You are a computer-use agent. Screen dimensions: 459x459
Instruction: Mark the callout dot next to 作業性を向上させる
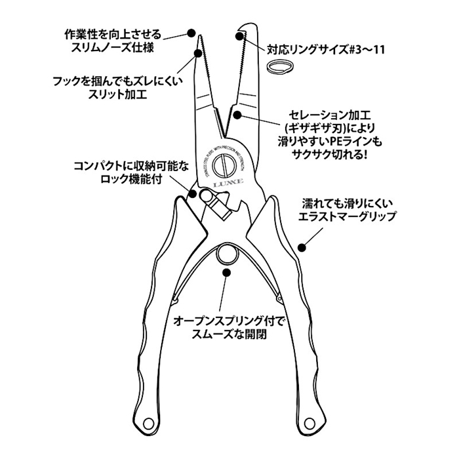[191, 32]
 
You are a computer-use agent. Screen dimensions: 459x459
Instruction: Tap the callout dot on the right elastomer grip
[302, 247]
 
